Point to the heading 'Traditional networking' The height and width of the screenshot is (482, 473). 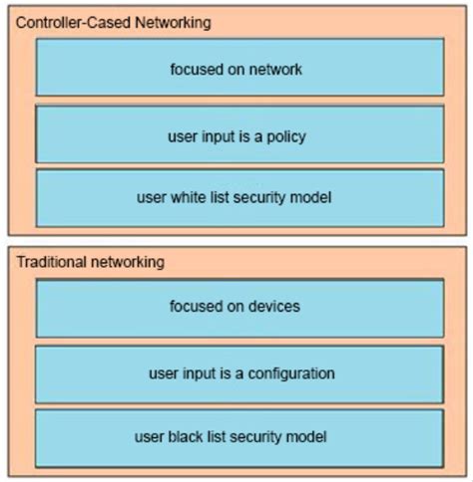coord(91,263)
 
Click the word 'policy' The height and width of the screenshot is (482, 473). coord(285,135)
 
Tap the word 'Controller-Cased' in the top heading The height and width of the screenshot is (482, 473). coord(73,22)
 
